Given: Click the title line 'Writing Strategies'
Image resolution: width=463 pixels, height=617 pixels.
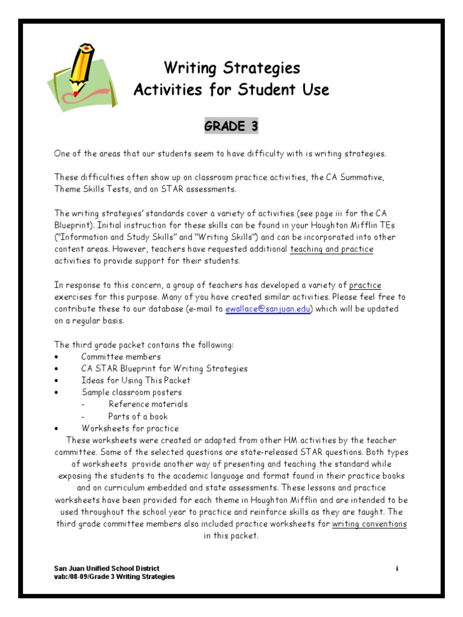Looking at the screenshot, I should pos(231,67).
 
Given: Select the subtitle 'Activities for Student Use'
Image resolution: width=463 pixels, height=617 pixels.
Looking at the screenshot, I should pos(231,90).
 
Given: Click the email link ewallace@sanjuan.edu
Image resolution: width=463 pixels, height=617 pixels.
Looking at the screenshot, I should pos(267,308).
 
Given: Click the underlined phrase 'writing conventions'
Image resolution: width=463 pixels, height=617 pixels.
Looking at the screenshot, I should pos(369,524).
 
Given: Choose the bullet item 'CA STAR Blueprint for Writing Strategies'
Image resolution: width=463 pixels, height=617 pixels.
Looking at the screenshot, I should pos(164,368).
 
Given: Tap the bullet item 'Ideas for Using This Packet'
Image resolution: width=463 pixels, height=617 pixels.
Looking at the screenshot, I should pos(136,380).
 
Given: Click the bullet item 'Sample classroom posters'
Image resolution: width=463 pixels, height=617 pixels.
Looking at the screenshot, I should pos(131,392).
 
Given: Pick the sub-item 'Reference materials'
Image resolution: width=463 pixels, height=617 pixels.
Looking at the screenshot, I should pos(148,404).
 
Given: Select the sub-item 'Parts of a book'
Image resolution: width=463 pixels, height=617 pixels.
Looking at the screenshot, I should pos(138,416).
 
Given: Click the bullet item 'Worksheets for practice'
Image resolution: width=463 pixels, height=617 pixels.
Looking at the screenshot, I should pos(130,428).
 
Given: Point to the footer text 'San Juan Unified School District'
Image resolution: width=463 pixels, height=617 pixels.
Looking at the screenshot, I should pos(107,568).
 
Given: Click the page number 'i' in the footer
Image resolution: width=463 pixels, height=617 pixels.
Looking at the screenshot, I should pos(397,568).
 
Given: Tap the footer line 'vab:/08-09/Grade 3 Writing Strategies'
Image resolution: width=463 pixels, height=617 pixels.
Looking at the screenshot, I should pos(115,577).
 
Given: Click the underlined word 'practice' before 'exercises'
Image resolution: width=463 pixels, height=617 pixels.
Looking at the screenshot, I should pos(365,285).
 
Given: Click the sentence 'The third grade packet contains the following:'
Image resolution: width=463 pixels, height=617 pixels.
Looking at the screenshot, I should pos(143,345).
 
